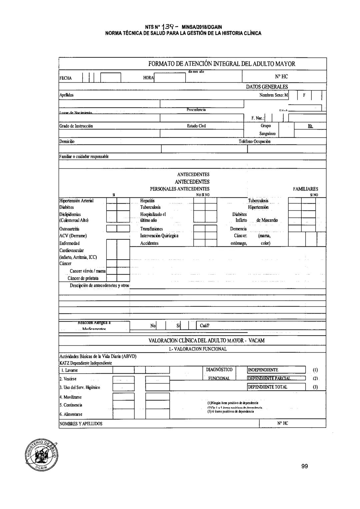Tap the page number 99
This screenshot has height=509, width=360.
click(304, 466)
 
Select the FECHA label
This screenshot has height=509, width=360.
click(65, 78)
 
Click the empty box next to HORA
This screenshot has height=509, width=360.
click(170, 78)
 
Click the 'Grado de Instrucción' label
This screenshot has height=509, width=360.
click(76, 126)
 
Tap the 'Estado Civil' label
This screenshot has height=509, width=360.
click(196, 126)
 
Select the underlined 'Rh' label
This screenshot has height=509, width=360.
click(310, 126)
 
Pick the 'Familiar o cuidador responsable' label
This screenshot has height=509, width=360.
click(84, 156)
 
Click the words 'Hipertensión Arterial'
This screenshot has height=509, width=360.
click(76, 201)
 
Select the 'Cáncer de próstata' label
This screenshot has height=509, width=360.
click(83, 278)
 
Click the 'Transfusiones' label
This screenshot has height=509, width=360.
click(151, 229)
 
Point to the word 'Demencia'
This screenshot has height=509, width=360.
click(238, 229)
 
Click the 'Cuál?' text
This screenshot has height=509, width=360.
click(205, 326)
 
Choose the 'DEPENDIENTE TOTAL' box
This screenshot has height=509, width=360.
click(276, 387)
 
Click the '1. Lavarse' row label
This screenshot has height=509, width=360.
click(69, 370)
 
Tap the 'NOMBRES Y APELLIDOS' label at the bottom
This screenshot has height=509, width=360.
click(81, 424)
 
